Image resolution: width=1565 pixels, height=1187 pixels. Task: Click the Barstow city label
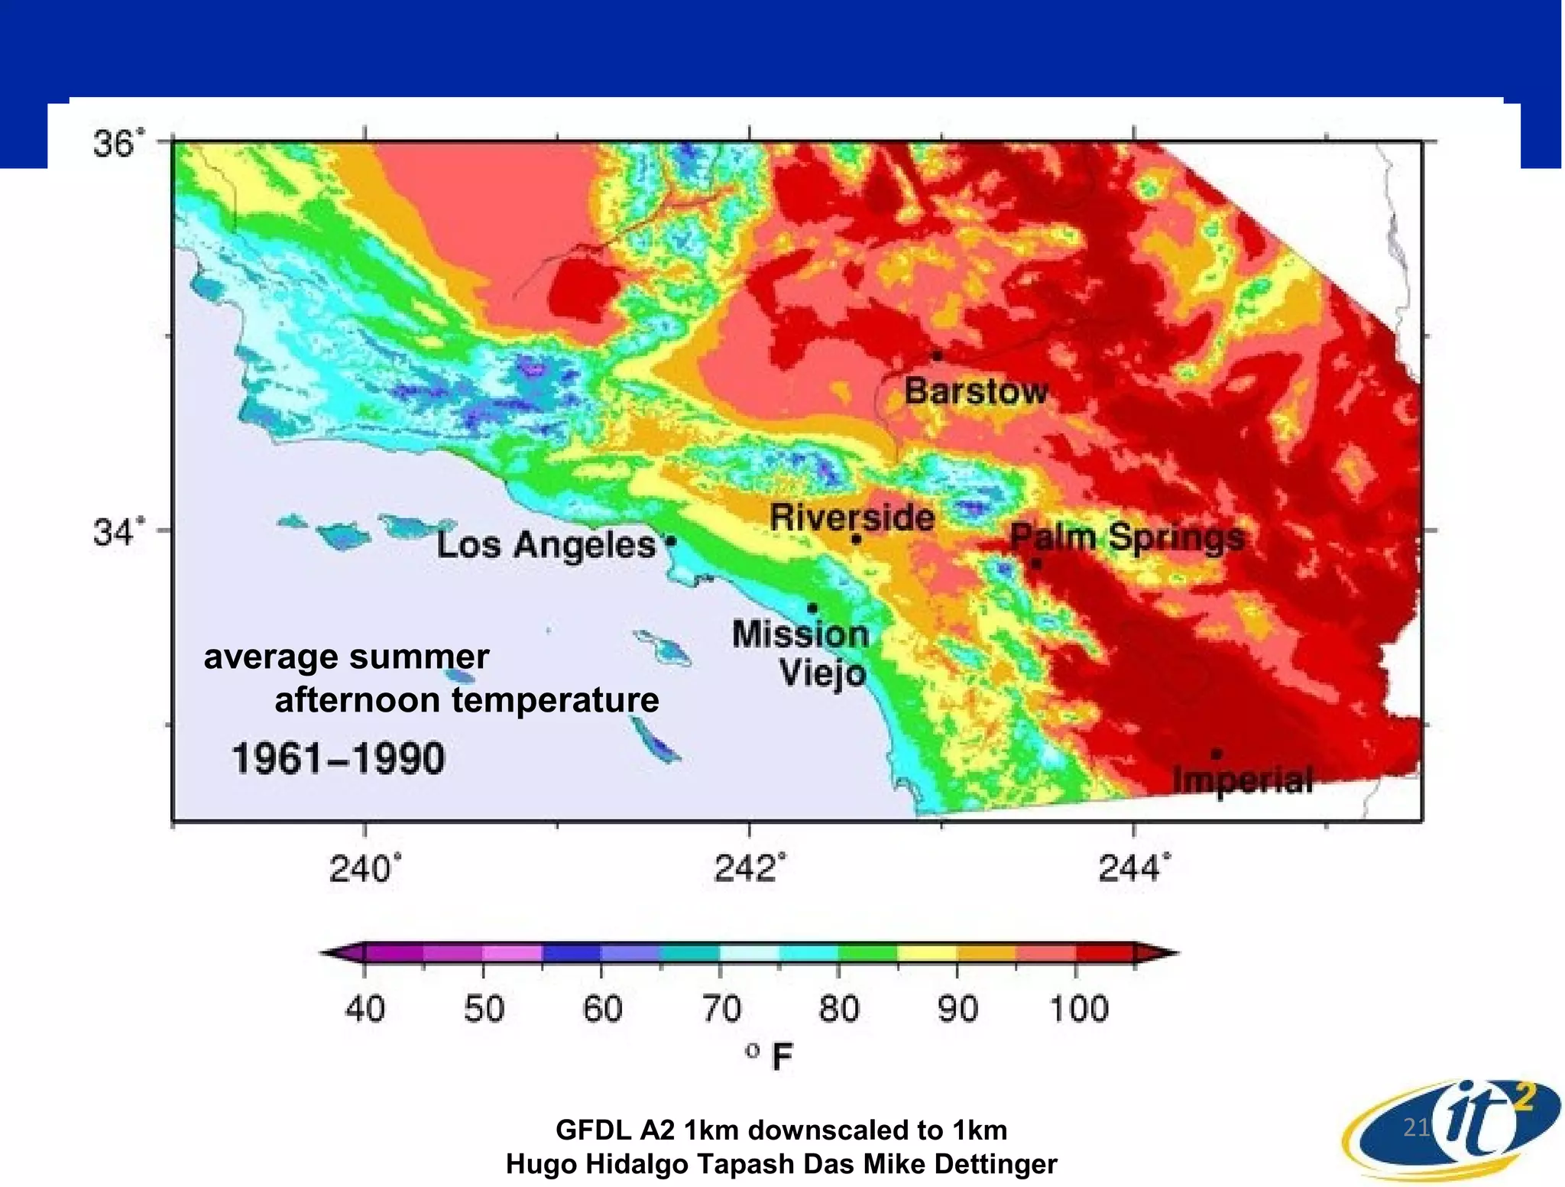click(976, 391)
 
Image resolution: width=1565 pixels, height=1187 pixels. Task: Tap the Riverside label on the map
click(852, 517)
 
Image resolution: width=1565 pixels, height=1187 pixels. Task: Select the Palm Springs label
click(1127, 537)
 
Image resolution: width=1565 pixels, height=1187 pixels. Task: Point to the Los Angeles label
click(546, 545)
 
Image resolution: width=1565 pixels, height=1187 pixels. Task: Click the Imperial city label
click(1243, 780)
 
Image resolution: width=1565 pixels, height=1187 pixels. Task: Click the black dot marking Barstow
click(937, 355)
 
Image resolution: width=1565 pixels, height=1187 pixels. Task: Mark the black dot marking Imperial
click(1217, 754)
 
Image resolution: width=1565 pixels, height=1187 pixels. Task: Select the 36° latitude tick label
click(118, 144)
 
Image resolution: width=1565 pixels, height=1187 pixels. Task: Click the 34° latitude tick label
click(118, 532)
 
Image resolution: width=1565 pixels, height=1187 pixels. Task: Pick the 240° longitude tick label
click(365, 869)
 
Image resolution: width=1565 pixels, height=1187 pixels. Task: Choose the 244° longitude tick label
click(1134, 869)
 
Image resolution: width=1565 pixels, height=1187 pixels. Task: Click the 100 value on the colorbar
click(1078, 1009)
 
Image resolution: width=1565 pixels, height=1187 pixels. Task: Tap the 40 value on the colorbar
click(365, 1009)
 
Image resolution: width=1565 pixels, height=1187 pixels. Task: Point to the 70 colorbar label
click(721, 1009)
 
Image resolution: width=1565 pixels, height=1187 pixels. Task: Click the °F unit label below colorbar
click(770, 1057)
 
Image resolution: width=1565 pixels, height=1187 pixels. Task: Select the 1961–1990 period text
click(338, 759)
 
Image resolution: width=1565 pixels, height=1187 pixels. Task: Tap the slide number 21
click(1416, 1127)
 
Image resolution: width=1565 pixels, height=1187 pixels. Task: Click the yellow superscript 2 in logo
click(1523, 1098)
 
